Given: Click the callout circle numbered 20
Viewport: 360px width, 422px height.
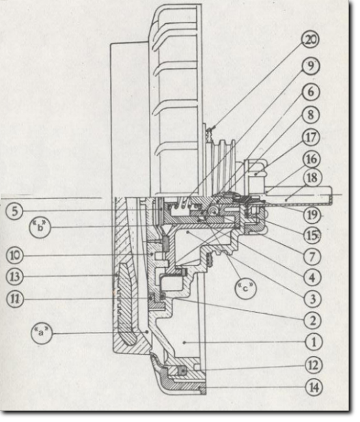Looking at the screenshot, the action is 311,40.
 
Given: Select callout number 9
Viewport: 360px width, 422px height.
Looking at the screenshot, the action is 311,66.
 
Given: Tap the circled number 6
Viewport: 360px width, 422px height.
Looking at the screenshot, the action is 311,92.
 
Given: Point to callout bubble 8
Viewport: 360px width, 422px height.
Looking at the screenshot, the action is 311,115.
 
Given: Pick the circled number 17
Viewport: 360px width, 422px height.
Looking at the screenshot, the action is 311,137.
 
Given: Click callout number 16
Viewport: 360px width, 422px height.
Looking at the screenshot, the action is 311,159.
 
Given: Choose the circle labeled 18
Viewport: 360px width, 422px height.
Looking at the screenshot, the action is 312,178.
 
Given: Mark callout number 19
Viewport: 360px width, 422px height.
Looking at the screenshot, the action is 312,215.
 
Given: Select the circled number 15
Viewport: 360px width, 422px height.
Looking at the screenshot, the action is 312,236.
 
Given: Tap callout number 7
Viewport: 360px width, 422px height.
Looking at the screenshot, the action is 312,257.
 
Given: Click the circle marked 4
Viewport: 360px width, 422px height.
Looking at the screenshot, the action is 312,277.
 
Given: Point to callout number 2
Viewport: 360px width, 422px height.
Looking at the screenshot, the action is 313,320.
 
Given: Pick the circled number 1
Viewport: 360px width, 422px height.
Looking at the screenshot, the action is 314,342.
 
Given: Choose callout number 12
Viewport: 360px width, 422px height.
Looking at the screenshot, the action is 314,365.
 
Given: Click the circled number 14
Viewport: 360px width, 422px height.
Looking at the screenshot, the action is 314,388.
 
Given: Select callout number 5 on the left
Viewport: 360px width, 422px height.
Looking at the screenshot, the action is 15,211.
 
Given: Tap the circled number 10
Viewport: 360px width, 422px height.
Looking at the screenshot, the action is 15,255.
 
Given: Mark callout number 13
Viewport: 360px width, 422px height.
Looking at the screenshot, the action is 15,277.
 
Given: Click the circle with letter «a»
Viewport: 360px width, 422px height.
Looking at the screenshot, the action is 41,333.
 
